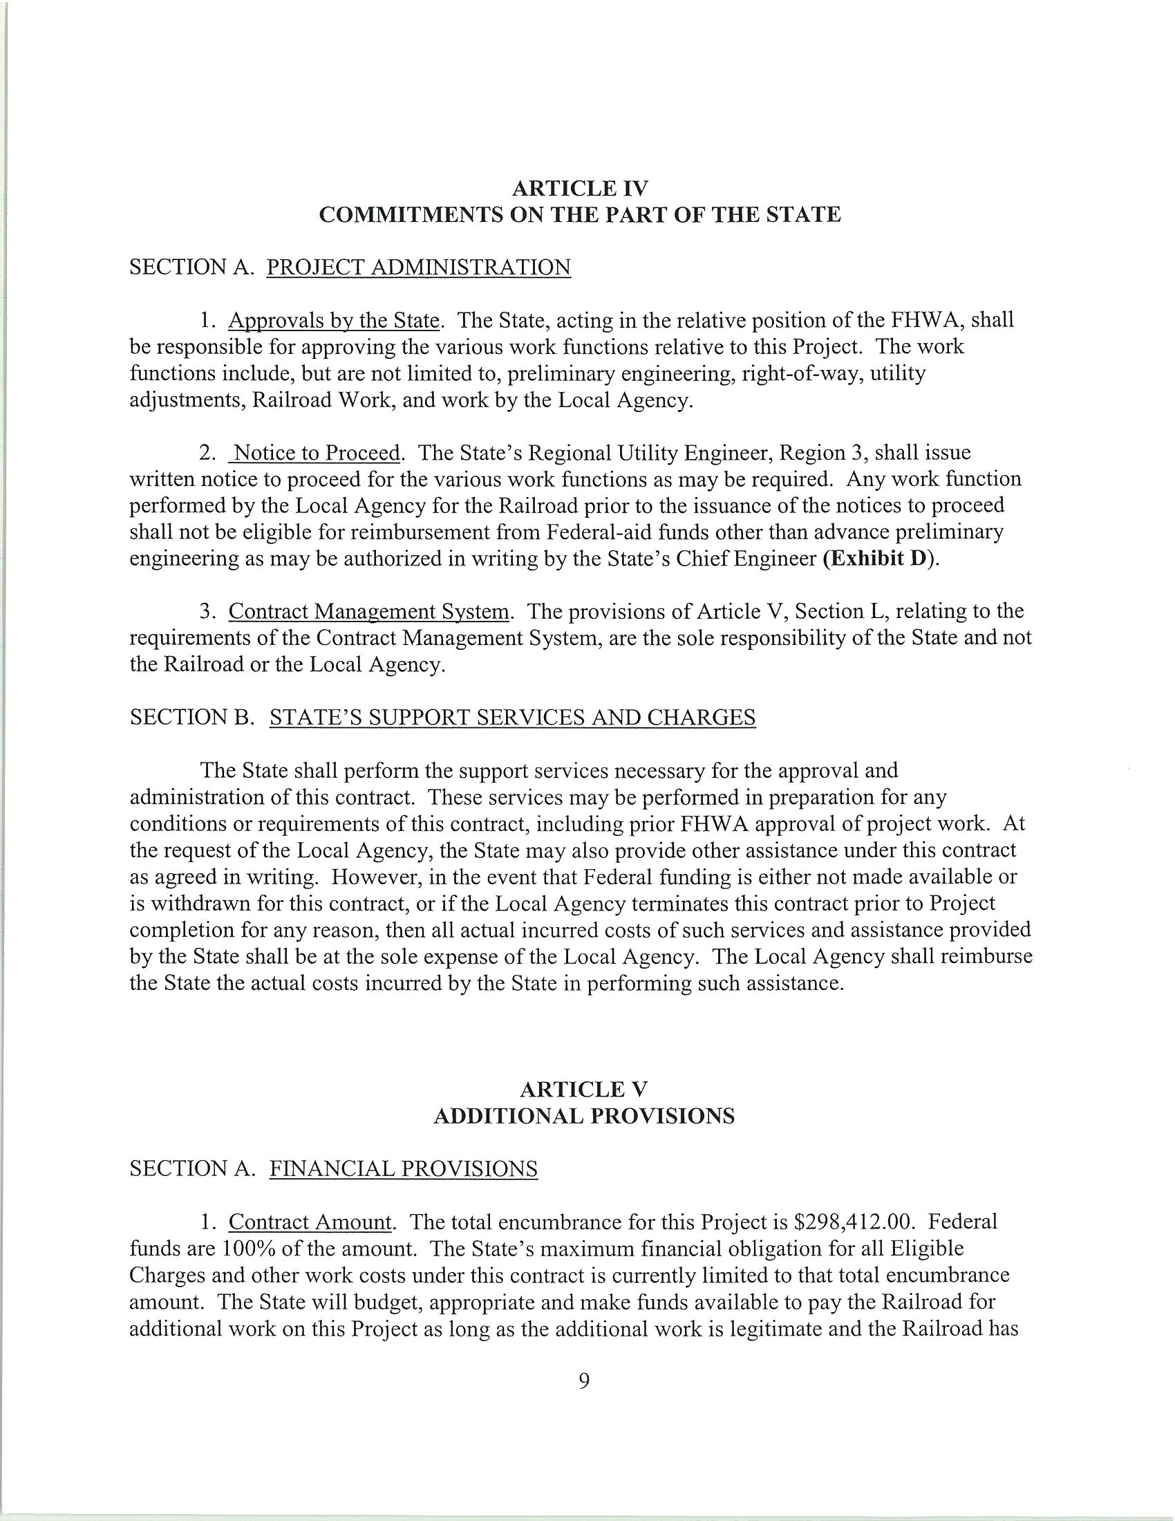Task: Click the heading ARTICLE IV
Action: click(580, 188)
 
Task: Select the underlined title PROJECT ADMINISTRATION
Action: click(418, 268)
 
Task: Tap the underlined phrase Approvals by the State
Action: click(334, 320)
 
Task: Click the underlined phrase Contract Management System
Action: click(370, 611)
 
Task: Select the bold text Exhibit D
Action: click(880, 560)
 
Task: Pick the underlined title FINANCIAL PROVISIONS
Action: click(403, 1168)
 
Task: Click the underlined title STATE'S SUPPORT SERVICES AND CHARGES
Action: click(511, 718)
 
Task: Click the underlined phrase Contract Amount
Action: click(310, 1222)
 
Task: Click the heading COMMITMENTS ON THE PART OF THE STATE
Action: click(580, 214)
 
